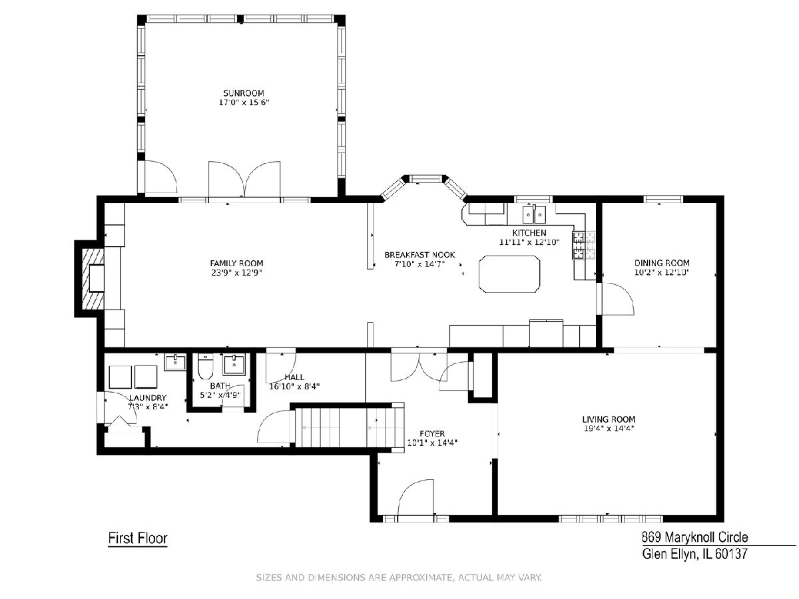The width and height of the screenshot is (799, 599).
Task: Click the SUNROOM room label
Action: pos(244,93)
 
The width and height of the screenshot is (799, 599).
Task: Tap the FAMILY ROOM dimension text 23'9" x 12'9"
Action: pos(236,272)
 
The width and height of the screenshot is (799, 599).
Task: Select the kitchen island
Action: pos(509,274)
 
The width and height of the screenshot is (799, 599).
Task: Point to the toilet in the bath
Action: pos(205,367)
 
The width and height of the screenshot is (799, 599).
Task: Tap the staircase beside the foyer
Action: pos(349,427)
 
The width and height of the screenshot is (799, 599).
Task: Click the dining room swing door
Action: pos(618,298)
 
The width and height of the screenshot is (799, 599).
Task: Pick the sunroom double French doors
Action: pos(244,180)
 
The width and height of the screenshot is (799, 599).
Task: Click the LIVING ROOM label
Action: pos(609,419)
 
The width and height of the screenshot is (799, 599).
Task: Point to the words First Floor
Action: pos(138,538)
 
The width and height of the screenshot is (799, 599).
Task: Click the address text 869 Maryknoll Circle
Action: pos(695,537)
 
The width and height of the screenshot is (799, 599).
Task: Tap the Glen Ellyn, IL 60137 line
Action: pos(694,554)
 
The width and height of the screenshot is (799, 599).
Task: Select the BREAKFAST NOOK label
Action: pos(419,255)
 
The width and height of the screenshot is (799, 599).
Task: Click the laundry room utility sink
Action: pos(175,362)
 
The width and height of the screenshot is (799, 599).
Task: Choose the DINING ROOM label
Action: pos(662,263)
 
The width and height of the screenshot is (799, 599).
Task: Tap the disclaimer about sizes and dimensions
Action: pos(399,578)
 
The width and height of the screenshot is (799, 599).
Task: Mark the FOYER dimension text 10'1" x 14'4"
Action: pos(432,443)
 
